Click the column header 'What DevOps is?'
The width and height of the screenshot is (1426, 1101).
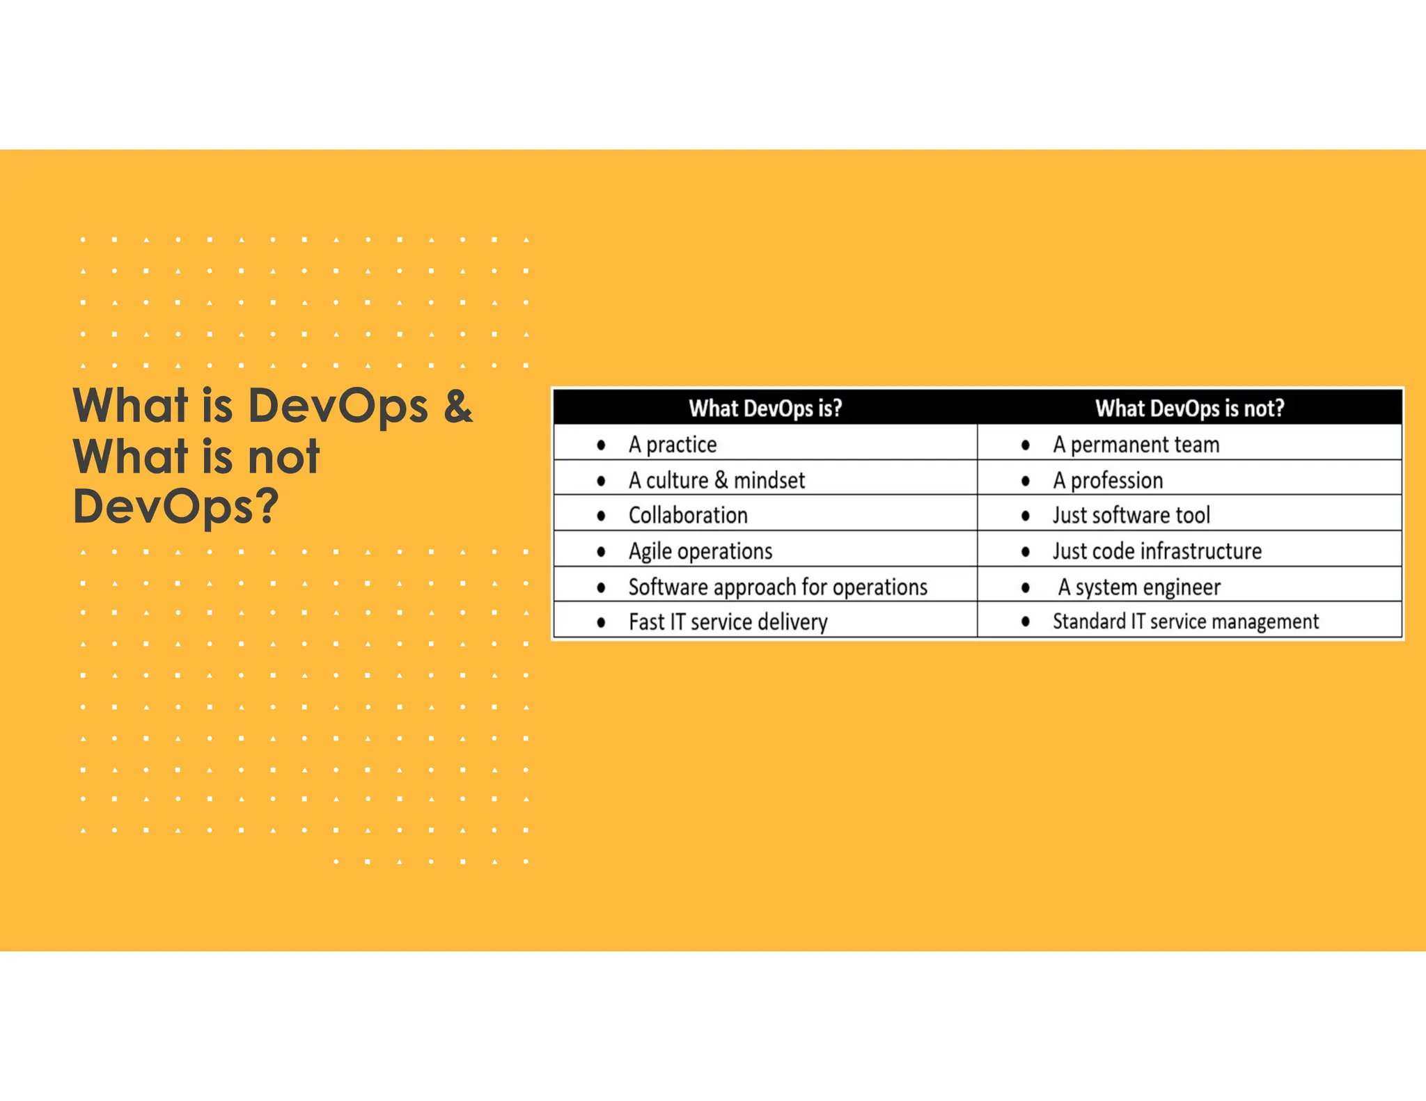click(765, 408)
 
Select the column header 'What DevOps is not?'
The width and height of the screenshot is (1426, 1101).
click(1189, 408)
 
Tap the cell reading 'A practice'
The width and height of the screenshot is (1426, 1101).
click(673, 445)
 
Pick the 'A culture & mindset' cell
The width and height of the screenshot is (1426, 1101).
click(716, 480)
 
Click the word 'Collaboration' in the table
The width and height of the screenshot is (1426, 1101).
click(688, 516)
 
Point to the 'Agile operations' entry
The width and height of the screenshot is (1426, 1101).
click(700, 551)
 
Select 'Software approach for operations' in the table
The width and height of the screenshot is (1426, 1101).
click(778, 587)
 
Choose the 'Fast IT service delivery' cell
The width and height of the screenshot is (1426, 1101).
click(728, 621)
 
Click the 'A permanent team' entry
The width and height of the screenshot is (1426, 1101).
click(1136, 445)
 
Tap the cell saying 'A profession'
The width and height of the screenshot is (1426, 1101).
click(1108, 480)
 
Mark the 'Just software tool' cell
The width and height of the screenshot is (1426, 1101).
click(1131, 516)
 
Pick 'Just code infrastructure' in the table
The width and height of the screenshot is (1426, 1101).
click(1157, 551)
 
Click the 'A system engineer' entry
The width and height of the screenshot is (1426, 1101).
click(1139, 587)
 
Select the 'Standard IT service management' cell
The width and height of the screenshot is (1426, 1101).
click(1185, 621)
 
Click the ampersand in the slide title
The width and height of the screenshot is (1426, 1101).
click(458, 406)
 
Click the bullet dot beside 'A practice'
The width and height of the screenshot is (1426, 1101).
click(601, 445)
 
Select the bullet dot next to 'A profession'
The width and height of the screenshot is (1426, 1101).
click(1025, 481)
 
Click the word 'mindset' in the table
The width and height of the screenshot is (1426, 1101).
click(769, 480)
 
